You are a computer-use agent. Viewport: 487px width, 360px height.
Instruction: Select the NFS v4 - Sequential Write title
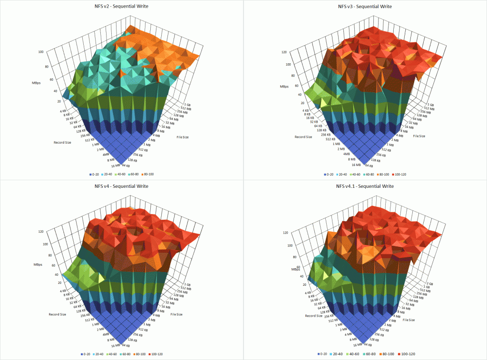coord(121,185)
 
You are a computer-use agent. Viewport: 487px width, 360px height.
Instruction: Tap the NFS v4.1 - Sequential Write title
coord(365,185)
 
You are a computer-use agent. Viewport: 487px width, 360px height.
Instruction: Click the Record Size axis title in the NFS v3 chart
coord(303,137)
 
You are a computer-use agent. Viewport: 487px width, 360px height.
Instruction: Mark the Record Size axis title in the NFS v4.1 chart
coord(314,316)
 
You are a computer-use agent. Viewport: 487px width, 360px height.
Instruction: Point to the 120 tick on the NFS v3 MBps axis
coord(284,52)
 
